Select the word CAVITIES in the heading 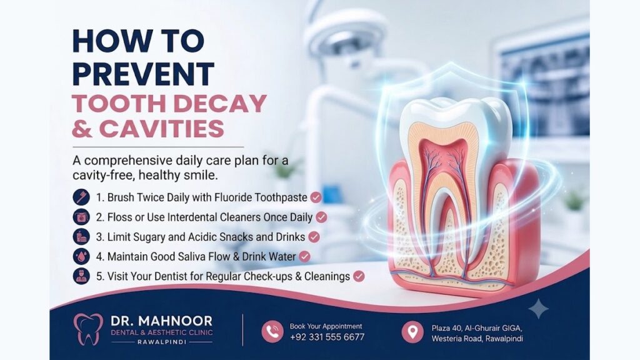point(162,128)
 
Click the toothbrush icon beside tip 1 point(81,197)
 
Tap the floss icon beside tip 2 point(81,217)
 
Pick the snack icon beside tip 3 point(81,237)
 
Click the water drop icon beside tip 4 point(81,256)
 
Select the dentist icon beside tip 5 point(81,276)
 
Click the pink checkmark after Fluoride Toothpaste point(316,197)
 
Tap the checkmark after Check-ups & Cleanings point(359,276)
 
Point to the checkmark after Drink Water point(304,256)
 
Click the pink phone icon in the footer point(272,331)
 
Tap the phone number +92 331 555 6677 point(327,337)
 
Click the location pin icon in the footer point(412,331)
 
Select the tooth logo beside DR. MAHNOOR point(88,329)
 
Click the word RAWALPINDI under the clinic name point(162,342)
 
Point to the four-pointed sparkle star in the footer point(538,309)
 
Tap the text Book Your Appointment point(326,326)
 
